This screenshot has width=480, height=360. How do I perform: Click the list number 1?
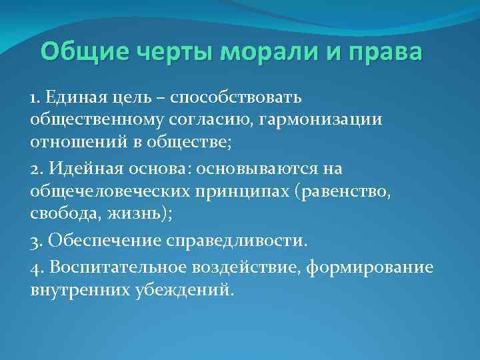click(x=35, y=98)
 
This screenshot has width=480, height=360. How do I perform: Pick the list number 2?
click(x=35, y=169)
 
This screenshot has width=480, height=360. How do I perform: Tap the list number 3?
click(x=35, y=238)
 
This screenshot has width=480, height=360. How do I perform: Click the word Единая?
click(x=75, y=98)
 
